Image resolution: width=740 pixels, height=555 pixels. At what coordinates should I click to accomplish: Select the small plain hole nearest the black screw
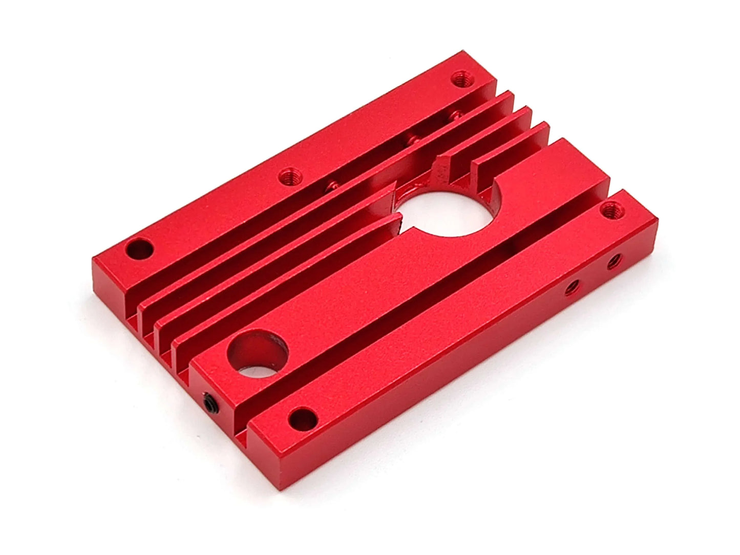coord(303,418)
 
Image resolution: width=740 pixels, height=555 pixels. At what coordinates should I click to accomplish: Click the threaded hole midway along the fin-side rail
coord(290,177)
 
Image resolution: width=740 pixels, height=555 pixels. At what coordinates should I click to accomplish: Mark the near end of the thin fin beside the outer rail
coord(140,312)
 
